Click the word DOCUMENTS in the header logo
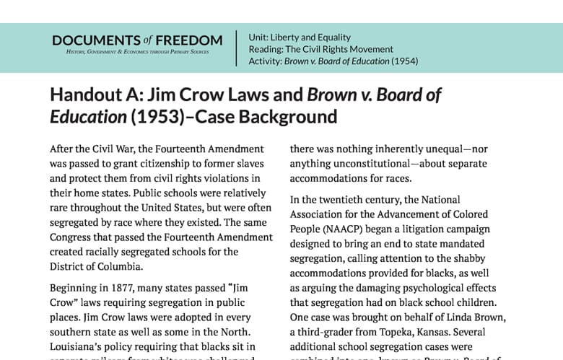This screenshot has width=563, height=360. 95,40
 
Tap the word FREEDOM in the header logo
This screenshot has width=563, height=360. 189,40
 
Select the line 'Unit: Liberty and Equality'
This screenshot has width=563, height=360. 300,37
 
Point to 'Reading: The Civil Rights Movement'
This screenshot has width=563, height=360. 320,49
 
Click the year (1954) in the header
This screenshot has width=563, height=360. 404,61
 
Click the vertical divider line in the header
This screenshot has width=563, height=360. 237,48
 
